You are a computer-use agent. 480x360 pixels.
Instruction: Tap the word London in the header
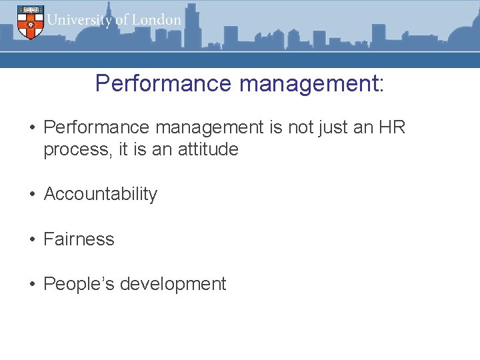157,20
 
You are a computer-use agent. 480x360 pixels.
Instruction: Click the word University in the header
80,20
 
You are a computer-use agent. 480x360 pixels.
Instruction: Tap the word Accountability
100,194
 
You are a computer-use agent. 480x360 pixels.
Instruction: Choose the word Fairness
79,239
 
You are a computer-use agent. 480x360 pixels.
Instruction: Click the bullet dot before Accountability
31,195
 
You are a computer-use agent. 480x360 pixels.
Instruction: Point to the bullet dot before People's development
31,285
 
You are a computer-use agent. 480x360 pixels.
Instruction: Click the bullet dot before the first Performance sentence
31,127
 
